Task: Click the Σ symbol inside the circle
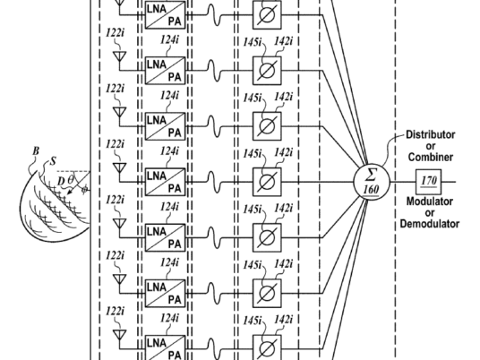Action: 371,176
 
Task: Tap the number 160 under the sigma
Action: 371,190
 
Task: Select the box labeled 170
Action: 429,182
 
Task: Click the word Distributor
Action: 431,134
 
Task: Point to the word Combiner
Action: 431,157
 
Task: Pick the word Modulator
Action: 430,201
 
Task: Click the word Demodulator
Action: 430,224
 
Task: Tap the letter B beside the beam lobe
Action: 36,151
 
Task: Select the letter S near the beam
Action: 53,161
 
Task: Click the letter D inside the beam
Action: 61,182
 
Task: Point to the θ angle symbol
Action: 71,179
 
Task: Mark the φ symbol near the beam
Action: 84,190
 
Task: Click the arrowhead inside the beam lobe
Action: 70,192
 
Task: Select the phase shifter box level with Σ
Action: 267,182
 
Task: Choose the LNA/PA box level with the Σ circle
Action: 166,182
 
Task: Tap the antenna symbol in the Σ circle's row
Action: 120,167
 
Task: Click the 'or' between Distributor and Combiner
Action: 431,146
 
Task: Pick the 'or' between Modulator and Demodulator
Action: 430,213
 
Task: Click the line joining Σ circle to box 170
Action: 403,182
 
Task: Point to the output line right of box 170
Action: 449,182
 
